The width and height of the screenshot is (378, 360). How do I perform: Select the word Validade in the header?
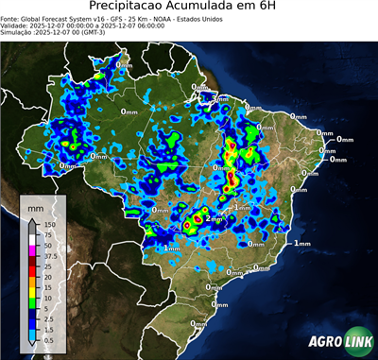click(x=18, y=26)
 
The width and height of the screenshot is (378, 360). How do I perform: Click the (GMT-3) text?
click(x=91, y=34)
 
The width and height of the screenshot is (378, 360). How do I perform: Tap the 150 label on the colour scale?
click(x=49, y=224)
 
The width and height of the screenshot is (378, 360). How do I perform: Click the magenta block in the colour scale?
click(x=33, y=249)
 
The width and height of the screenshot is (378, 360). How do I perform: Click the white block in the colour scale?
click(x=33, y=239)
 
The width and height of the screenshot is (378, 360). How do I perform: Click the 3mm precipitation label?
click(x=220, y=98)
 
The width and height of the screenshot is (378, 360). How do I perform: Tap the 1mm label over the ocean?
click(x=301, y=244)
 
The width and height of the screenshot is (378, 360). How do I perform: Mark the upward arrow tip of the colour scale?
click(x=33, y=218)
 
